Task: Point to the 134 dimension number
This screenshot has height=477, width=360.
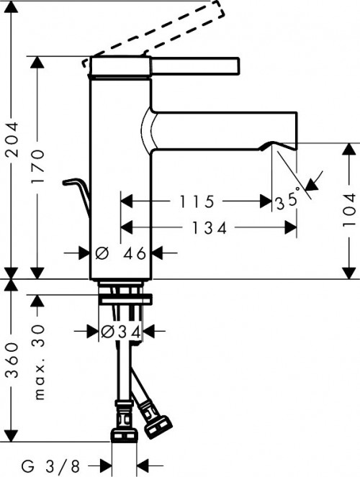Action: (x=208, y=229)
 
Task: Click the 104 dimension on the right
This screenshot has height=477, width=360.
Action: (x=348, y=210)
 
